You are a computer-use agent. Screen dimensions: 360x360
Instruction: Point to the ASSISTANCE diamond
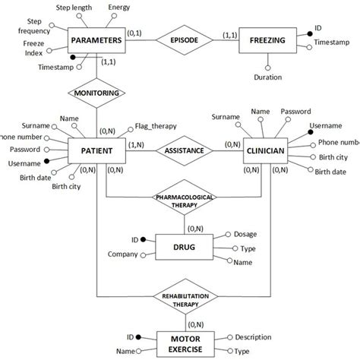[185, 150]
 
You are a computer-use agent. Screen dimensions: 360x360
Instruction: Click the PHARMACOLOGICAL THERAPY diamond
[185, 200]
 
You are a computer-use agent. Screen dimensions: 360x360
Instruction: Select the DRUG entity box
[185, 248]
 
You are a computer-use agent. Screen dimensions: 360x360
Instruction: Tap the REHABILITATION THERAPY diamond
[185, 298]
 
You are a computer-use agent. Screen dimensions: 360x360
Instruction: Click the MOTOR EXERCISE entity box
[185, 343]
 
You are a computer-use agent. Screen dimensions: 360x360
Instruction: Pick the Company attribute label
[122, 253]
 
